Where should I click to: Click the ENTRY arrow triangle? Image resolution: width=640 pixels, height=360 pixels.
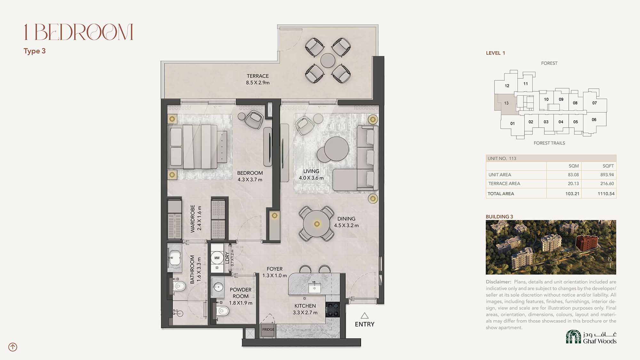click(x=364, y=316)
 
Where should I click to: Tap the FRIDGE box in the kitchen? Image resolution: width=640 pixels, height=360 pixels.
click(x=268, y=330)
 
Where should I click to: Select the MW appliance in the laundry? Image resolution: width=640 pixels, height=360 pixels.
click(x=217, y=258)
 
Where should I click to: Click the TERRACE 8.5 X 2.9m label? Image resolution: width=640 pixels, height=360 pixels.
click(x=258, y=79)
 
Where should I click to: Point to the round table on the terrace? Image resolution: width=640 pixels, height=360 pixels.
click(x=328, y=60)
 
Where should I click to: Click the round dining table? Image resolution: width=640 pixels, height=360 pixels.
click(x=317, y=224)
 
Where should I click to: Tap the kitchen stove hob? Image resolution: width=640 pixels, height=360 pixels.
click(x=332, y=309)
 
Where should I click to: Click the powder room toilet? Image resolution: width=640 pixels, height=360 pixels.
click(x=222, y=311)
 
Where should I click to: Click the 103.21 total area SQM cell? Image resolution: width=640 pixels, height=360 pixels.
click(x=572, y=194)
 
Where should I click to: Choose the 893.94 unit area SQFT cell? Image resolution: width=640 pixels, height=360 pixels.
click(x=607, y=175)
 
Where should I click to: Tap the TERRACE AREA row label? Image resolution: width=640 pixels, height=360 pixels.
click(x=504, y=183)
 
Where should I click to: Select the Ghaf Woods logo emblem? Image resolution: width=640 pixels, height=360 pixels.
click(x=573, y=337)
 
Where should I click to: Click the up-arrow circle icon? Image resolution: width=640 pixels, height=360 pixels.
click(x=13, y=347)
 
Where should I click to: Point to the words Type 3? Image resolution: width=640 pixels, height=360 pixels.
click(x=35, y=51)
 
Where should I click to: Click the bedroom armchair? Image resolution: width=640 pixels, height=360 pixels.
click(x=254, y=120)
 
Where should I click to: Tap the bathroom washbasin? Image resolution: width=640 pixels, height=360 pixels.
click(x=175, y=258)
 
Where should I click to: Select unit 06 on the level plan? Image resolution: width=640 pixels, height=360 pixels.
click(x=594, y=120)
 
